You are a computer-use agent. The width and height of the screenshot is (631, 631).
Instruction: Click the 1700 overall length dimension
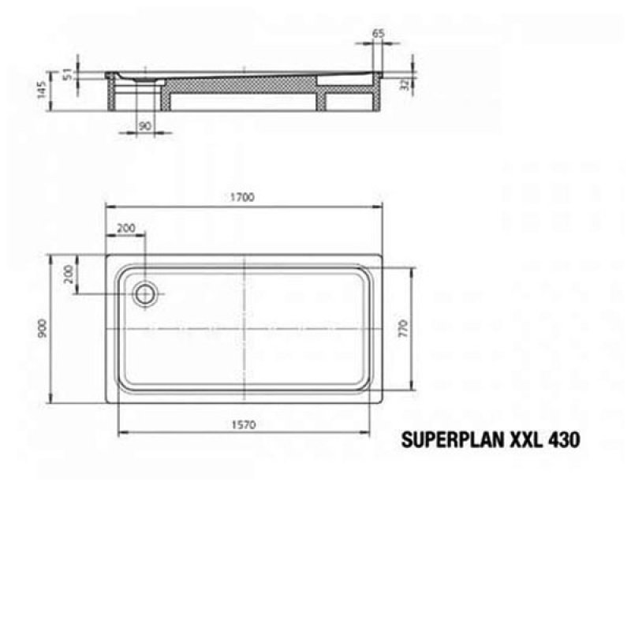244,198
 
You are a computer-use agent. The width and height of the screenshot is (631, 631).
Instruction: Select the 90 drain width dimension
144,126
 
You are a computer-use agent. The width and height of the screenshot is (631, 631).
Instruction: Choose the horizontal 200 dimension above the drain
125,228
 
